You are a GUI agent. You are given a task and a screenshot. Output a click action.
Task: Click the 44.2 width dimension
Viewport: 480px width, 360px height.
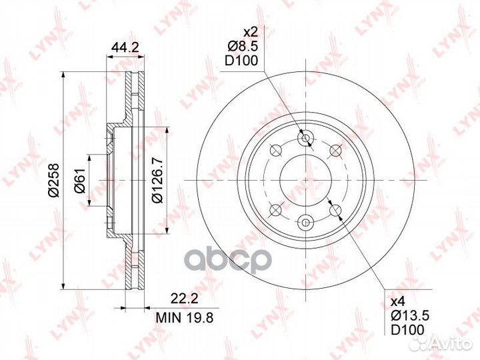(x=125, y=48)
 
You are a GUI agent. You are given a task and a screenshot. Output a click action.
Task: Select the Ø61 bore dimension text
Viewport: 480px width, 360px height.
(x=80, y=180)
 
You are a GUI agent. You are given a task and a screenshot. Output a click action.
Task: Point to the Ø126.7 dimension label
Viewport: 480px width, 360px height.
(x=158, y=181)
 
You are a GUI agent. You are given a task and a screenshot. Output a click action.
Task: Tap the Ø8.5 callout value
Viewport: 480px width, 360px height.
(x=243, y=47)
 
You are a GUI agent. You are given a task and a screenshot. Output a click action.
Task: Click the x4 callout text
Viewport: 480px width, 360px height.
(x=399, y=302)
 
